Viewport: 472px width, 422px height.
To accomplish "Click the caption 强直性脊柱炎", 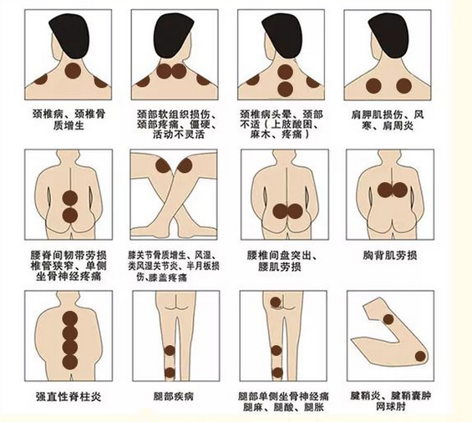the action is tap(69, 397).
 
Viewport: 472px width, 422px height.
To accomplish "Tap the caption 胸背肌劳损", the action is tap(390, 256).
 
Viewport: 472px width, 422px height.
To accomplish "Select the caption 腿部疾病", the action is tap(174, 396).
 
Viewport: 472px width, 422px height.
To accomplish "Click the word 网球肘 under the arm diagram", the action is tap(390, 407).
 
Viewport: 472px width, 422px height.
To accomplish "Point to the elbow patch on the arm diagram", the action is tap(420, 357).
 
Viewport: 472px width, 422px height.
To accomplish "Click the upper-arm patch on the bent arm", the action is tap(388, 319).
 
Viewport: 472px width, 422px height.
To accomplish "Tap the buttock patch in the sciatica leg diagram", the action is tap(276, 303).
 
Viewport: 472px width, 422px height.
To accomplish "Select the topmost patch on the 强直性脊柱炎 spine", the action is tap(70, 319).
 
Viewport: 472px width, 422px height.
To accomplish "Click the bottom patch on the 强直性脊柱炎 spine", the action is tap(70, 363).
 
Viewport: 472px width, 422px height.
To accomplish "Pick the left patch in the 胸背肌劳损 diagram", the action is tap(385, 190).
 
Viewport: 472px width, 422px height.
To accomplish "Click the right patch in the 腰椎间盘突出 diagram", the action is tap(295, 211).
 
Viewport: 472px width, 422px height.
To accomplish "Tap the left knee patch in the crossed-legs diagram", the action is tap(163, 165).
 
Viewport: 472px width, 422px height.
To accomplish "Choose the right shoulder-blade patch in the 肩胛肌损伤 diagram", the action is tap(404, 85).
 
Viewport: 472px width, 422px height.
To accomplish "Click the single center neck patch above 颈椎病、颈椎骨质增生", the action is tap(73, 71).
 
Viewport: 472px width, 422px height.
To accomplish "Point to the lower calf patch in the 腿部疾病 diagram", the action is tap(170, 373).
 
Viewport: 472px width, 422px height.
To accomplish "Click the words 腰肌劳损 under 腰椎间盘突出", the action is tap(279, 267).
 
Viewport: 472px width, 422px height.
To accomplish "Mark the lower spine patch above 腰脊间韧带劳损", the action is tap(70, 215).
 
